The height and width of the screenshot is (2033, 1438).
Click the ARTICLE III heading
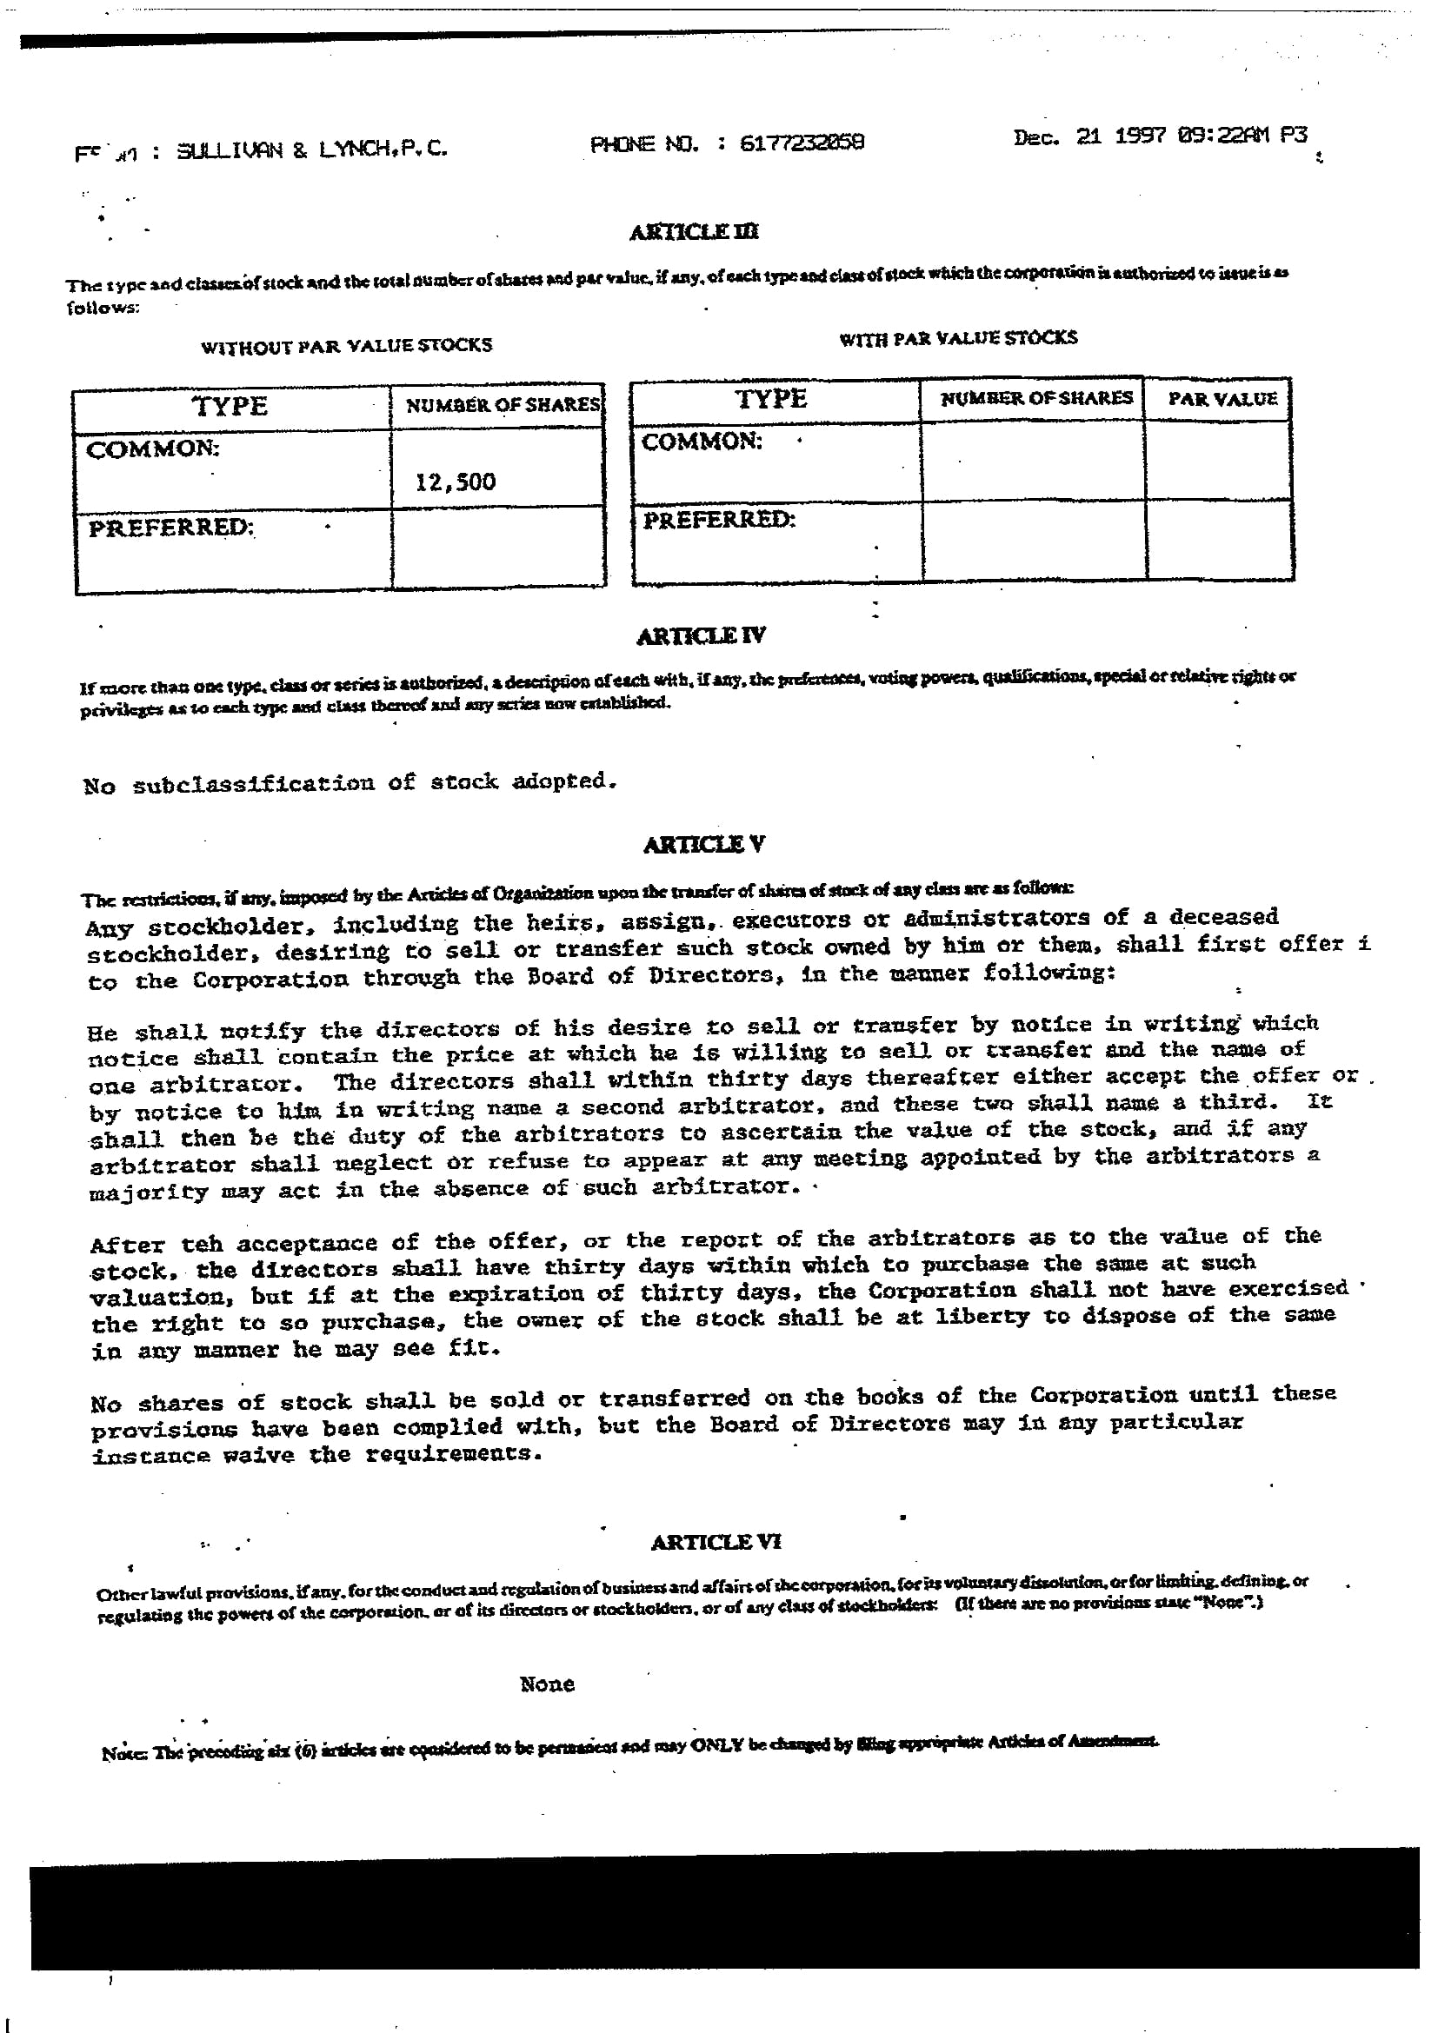693,232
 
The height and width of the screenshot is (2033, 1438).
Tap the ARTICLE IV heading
701,635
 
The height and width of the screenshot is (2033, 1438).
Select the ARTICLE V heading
704,844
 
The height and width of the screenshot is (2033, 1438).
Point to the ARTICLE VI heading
716,1542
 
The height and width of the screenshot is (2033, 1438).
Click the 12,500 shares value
455,482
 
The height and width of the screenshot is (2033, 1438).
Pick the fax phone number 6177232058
802,143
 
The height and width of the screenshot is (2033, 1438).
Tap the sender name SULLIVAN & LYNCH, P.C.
312,150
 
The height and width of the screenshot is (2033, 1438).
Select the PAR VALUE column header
1222,398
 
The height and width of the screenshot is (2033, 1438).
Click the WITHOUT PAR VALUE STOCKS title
346,345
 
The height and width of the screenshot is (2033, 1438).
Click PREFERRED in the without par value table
171,528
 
